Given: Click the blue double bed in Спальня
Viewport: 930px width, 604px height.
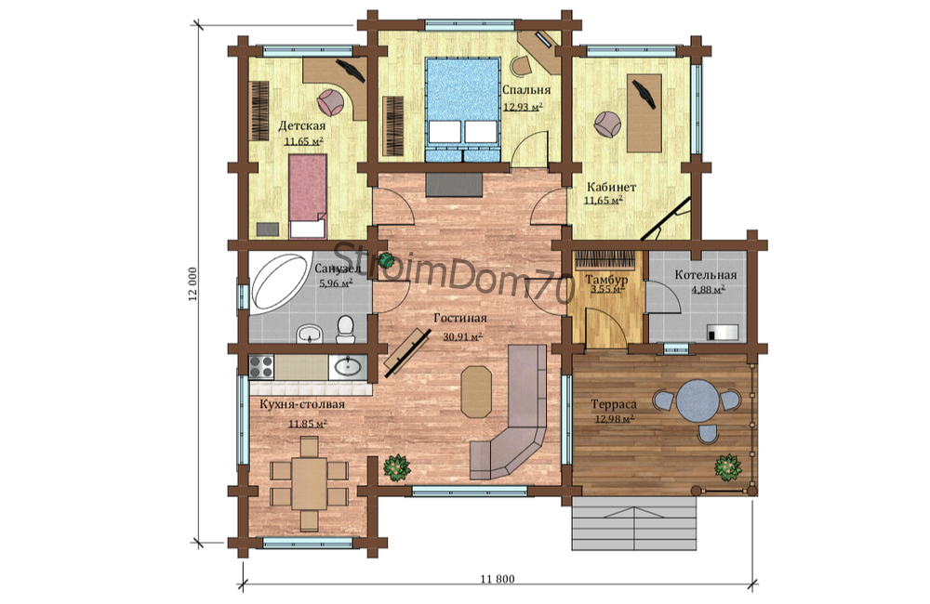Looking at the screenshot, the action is [x=462, y=110].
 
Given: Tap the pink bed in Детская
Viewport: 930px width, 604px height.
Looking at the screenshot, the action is [x=308, y=196].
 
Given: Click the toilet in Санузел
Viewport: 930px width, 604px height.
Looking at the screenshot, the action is [x=345, y=329].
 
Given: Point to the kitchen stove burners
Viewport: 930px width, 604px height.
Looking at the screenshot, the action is [x=261, y=367].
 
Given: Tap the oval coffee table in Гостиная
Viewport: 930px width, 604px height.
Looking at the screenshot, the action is [x=477, y=392].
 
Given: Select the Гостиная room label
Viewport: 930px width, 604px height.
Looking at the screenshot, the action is [x=460, y=319].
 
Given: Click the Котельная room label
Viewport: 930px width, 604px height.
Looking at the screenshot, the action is [x=706, y=275].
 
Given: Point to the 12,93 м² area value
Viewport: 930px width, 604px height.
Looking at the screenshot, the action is [x=523, y=107].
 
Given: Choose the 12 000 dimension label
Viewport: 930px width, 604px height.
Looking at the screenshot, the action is [x=193, y=284].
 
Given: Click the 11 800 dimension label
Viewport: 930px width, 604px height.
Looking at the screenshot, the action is [x=498, y=579].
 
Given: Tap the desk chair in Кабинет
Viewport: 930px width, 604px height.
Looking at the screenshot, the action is [x=608, y=124].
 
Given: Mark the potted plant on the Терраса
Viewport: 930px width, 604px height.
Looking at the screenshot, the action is [x=728, y=467].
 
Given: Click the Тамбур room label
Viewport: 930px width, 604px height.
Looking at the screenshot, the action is [x=606, y=279].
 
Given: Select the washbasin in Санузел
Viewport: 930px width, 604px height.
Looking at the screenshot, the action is [x=309, y=334].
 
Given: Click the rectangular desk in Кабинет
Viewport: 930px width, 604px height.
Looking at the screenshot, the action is [x=644, y=112].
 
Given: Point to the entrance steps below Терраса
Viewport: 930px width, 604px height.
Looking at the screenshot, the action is [x=633, y=523].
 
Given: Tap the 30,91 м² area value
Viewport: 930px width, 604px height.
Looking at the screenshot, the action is [x=462, y=336].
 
